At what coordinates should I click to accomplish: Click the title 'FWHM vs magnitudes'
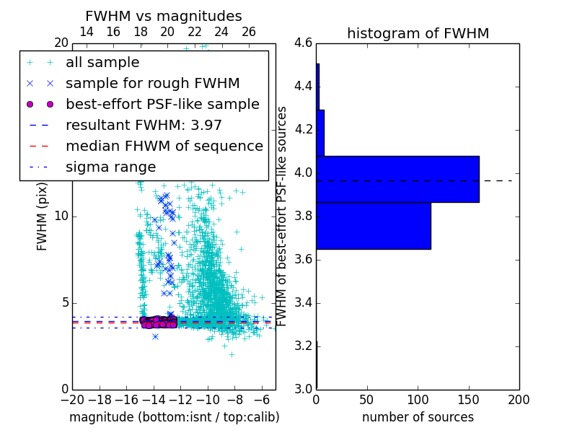click(164, 16)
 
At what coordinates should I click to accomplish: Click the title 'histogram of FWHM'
click(418, 33)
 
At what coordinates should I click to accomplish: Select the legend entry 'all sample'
click(102, 63)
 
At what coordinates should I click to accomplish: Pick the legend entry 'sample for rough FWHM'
click(152, 83)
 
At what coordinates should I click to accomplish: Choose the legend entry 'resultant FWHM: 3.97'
click(144, 125)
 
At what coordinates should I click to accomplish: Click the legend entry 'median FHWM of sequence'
click(164, 146)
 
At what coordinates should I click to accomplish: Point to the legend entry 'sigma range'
click(110, 167)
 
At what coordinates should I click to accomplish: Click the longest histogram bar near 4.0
click(397, 179)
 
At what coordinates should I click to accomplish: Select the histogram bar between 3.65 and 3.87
click(374, 226)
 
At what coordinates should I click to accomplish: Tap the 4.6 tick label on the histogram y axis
click(303, 43)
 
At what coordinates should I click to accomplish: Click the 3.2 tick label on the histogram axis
click(303, 346)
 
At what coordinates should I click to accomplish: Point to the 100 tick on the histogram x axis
click(418, 400)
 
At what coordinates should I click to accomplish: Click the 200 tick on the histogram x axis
click(519, 400)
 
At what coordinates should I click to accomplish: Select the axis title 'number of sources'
click(418, 417)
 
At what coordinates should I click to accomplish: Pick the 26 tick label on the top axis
click(249, 32)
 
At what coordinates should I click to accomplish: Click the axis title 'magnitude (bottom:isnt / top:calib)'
click(174, 417)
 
